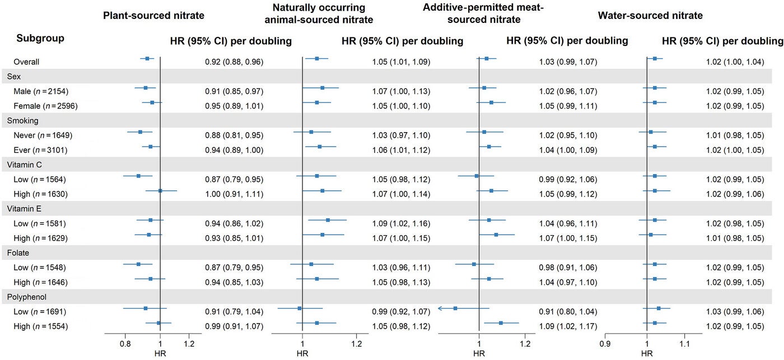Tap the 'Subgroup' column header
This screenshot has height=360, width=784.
pos(40,39)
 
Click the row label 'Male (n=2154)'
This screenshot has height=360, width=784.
pos(44,91)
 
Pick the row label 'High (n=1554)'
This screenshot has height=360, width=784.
pos(43,326)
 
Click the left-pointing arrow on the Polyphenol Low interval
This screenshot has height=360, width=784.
pos(441,308)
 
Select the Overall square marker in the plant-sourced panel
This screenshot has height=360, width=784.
pos(147,58)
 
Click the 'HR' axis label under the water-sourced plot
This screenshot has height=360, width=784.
pos(647,353)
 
